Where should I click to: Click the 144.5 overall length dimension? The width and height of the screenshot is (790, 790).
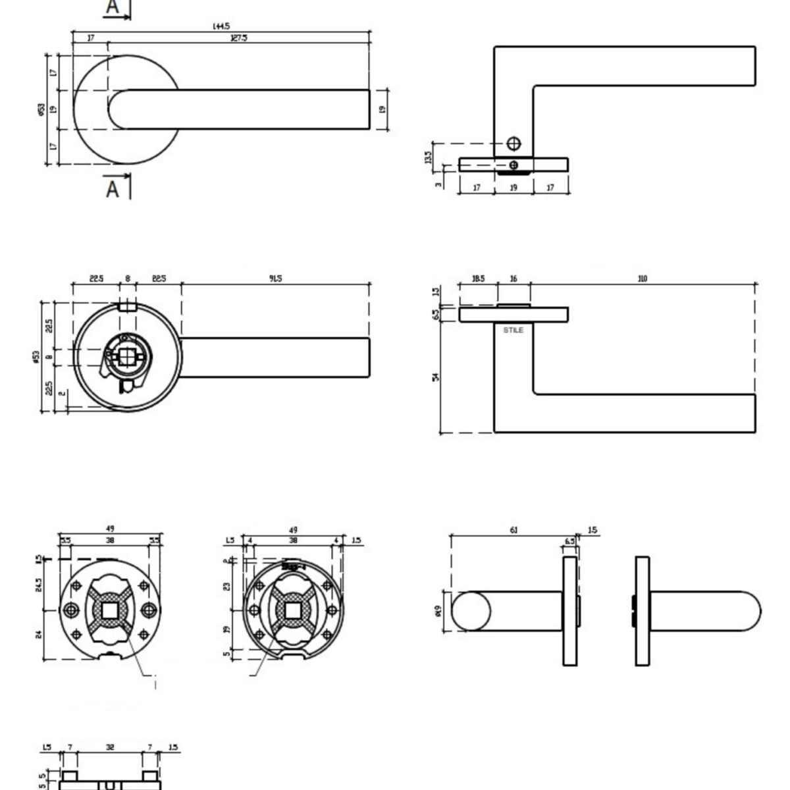pos(221,26)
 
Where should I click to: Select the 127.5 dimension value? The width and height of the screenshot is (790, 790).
pos(239,38)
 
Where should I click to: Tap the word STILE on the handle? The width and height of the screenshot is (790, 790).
pos(513,330)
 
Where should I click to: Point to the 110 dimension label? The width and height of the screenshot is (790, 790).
pos(643,278)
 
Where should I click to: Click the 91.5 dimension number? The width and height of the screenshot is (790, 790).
pos(275,278)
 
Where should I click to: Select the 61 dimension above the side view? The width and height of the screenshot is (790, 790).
pos(513,530)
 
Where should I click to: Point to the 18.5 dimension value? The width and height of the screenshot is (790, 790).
pos(478,278)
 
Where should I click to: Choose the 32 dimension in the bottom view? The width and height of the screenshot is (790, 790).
pos(110,747)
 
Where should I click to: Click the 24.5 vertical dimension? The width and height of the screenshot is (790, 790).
pos(38,585)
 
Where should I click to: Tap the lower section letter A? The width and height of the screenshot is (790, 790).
pos(113,189)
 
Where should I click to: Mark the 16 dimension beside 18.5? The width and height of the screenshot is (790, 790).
pos(513,278)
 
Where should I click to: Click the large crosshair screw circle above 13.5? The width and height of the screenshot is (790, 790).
pos(513,144)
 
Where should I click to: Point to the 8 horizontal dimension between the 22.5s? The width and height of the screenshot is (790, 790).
pos(128,278)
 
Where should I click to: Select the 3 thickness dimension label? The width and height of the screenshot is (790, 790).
pos(438,184)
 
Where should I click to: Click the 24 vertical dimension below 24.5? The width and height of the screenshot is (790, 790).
pos(38,635)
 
